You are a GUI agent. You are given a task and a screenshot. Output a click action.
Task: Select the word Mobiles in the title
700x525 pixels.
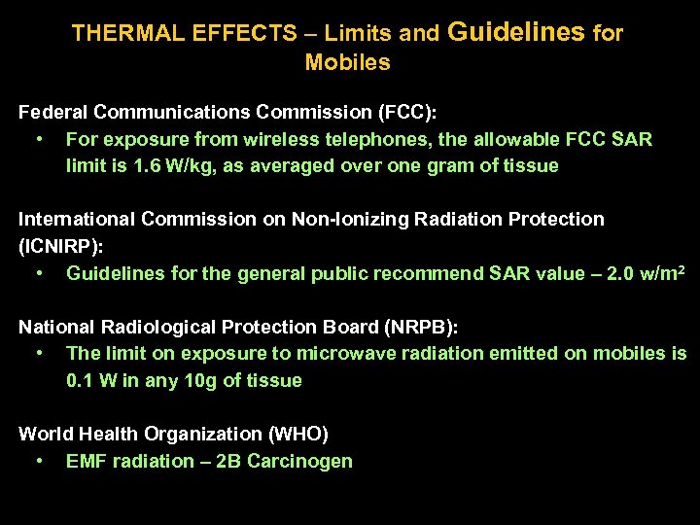tap(347, 64)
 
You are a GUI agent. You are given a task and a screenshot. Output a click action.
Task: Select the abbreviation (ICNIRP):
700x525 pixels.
tap(60, 247)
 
